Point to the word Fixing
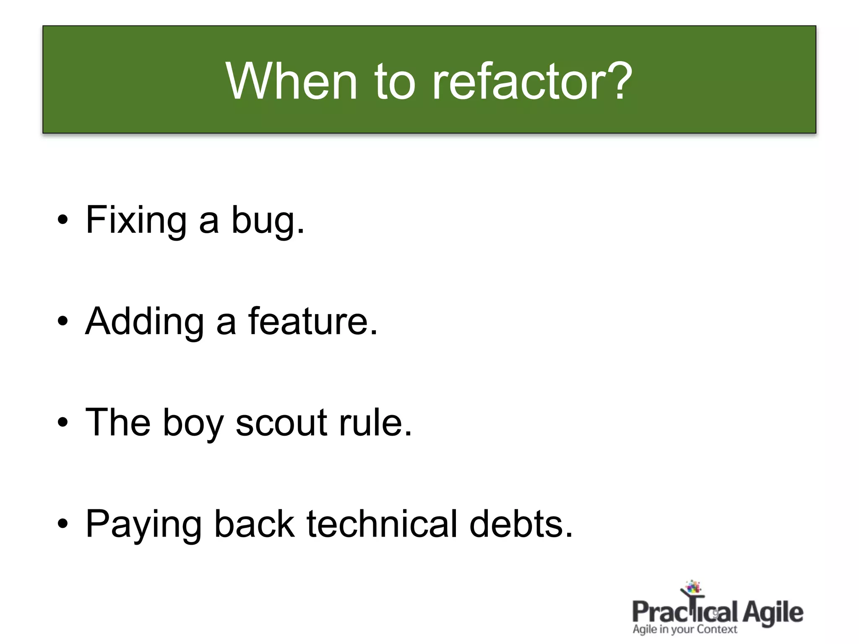tap(136, 220)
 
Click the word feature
tap(312, 321)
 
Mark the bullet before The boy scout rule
tap(62, 422)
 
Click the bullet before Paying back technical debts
tap(62, 524)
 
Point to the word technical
tap(382, 524)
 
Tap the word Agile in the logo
tap(773, 613)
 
